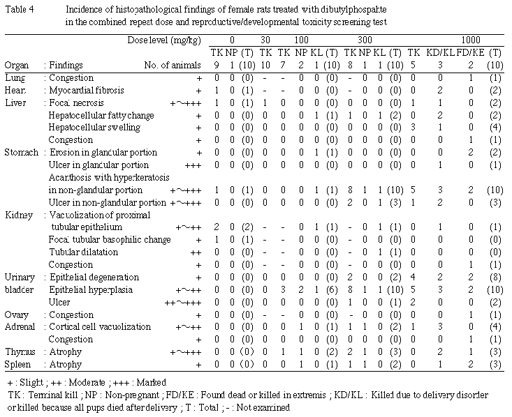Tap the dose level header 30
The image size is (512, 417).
click(265, 40)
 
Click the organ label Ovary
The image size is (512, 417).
click(16, 315)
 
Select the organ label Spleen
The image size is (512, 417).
click(18, 365)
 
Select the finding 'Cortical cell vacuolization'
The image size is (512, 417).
click(93, 328)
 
